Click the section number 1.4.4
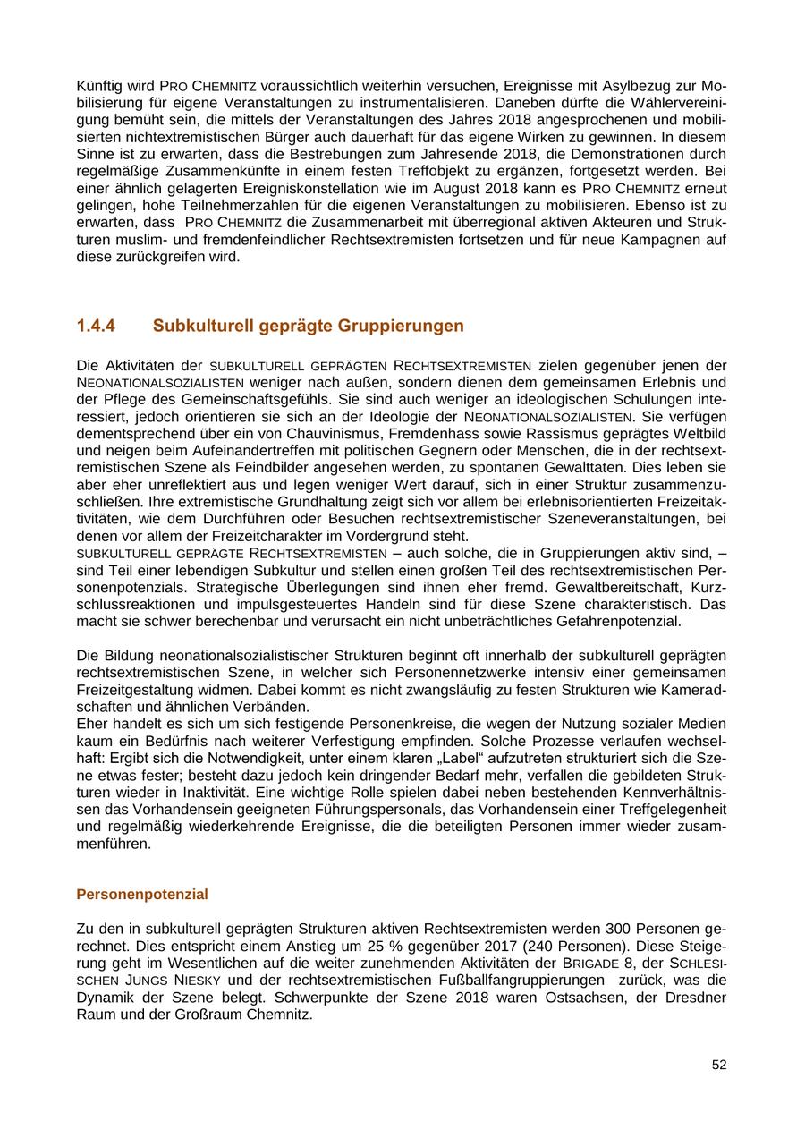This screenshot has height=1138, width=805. [x=96, y=326]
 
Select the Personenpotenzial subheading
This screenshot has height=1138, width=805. [x=142, y=894]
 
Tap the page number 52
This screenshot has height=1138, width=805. [x=719, y=1065]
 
